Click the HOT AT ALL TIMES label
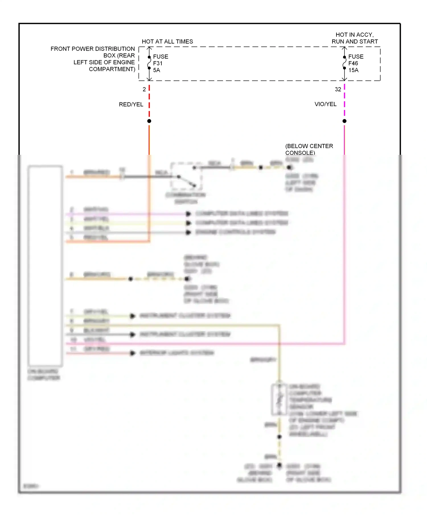tap(167, 42)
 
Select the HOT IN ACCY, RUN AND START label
tap(355, 38)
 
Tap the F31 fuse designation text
tap(158, 63)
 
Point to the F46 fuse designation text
tap(353, 63)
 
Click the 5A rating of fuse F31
tap(157, 70)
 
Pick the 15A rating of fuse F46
tap(353, 70)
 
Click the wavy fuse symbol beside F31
tap(149, 63)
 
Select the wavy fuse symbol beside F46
tap(344, 63)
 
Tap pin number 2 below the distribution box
tap(144, 89)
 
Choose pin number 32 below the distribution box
tap(338, 89)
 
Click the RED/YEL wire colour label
tap(131, 104)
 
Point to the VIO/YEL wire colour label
tap(325, 104)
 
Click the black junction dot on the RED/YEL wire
tap(149, 121)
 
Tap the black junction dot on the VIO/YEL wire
tap(344, 121)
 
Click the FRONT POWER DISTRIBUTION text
tap(93, 49)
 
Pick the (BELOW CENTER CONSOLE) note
tap(309, 149)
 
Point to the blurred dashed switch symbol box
tap(186, 176)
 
